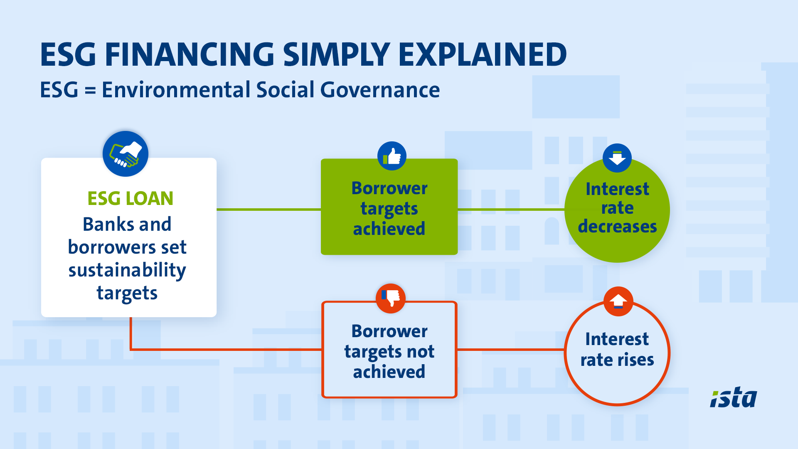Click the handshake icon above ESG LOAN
click(x=126, y=154)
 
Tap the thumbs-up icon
click(x=392, y=156)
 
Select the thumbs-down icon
click(x=391, y=298)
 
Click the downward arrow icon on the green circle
click(x=617, y=158)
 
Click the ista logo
click(x=734, y=397)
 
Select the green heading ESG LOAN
click(x=130, y=198)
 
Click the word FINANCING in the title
click(x=190, y=54)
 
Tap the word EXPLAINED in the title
click(x=483, y=54)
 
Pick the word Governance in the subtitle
click(x=380, y=90)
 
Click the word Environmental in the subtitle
click(x=176, y=90)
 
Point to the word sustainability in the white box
click(x=127, y=271)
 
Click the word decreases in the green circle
click(x=617, y=227)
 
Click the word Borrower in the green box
click(x=389, y=188)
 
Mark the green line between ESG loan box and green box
click(x=268, y=210)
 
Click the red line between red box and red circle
click(x=511, y=350)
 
